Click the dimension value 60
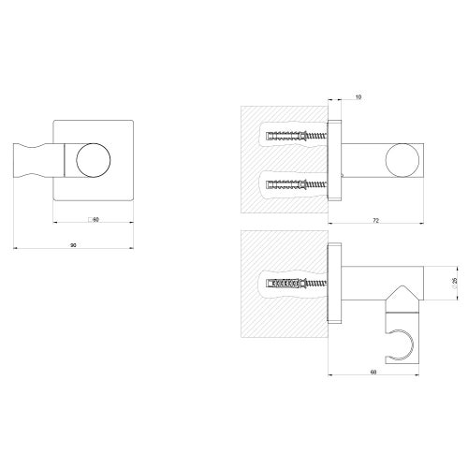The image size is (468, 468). pyautogui.click(x=95, y=220)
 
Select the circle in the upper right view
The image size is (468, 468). pyautogui.click(x=403, y=160)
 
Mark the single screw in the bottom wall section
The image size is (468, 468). pyautogui.click(x=297, y=282)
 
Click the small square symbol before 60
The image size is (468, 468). pyautogui.click(x=88, y=220)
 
